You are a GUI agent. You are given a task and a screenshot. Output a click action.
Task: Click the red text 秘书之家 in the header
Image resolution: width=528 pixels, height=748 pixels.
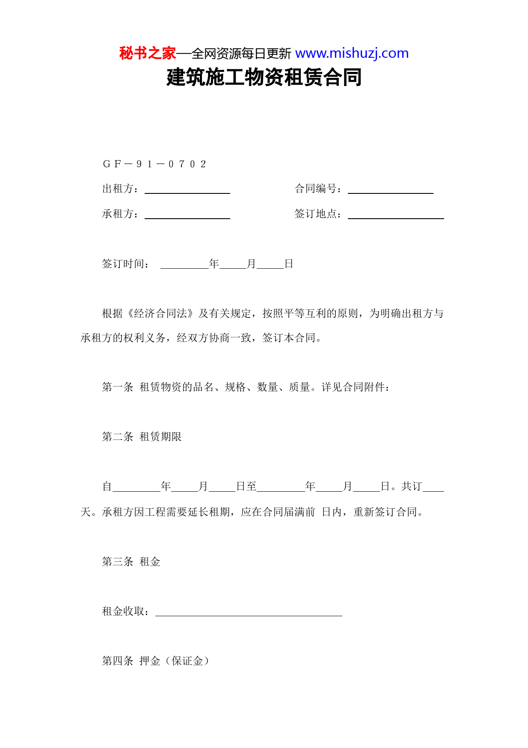[x=148, y=53]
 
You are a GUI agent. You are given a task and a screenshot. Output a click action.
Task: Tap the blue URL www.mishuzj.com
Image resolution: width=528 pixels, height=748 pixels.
[x=352, y=53]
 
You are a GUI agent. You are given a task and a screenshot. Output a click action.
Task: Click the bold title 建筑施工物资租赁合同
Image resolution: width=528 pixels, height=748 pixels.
[x=264, y=77]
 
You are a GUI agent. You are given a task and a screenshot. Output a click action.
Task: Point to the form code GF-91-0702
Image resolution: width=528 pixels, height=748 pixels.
[x=154, y=164]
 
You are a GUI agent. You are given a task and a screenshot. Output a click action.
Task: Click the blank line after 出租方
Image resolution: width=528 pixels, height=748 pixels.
[x=187, y=190]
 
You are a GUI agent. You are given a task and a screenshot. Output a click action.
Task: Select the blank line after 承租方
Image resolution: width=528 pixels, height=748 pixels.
[x=187, y=215]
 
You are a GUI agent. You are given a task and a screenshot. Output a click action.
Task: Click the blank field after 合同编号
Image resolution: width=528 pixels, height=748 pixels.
[x=390, y=190]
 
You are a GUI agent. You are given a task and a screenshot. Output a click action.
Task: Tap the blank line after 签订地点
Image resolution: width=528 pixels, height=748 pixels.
[x=396, y=215]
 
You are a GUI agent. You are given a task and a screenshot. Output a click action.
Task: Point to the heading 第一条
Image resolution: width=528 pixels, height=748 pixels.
[x=118, y=387]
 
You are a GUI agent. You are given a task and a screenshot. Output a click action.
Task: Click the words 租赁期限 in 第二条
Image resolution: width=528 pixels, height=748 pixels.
[x=160, y=437]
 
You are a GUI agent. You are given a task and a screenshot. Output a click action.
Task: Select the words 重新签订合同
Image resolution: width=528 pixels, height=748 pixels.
[x=385, y=512]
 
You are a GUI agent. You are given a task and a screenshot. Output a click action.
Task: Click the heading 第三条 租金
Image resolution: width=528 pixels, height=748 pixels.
[x=131, y=562]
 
